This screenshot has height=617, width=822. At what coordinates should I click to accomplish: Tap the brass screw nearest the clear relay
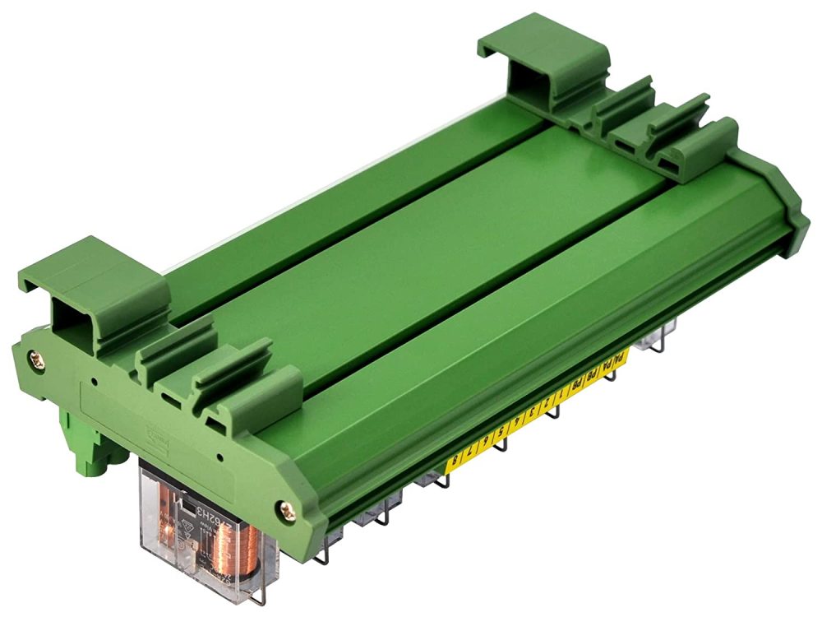point(288,510)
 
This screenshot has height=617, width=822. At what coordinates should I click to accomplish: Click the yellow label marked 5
point(501,434)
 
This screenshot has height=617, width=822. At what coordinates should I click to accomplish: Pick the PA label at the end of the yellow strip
point(621,359)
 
